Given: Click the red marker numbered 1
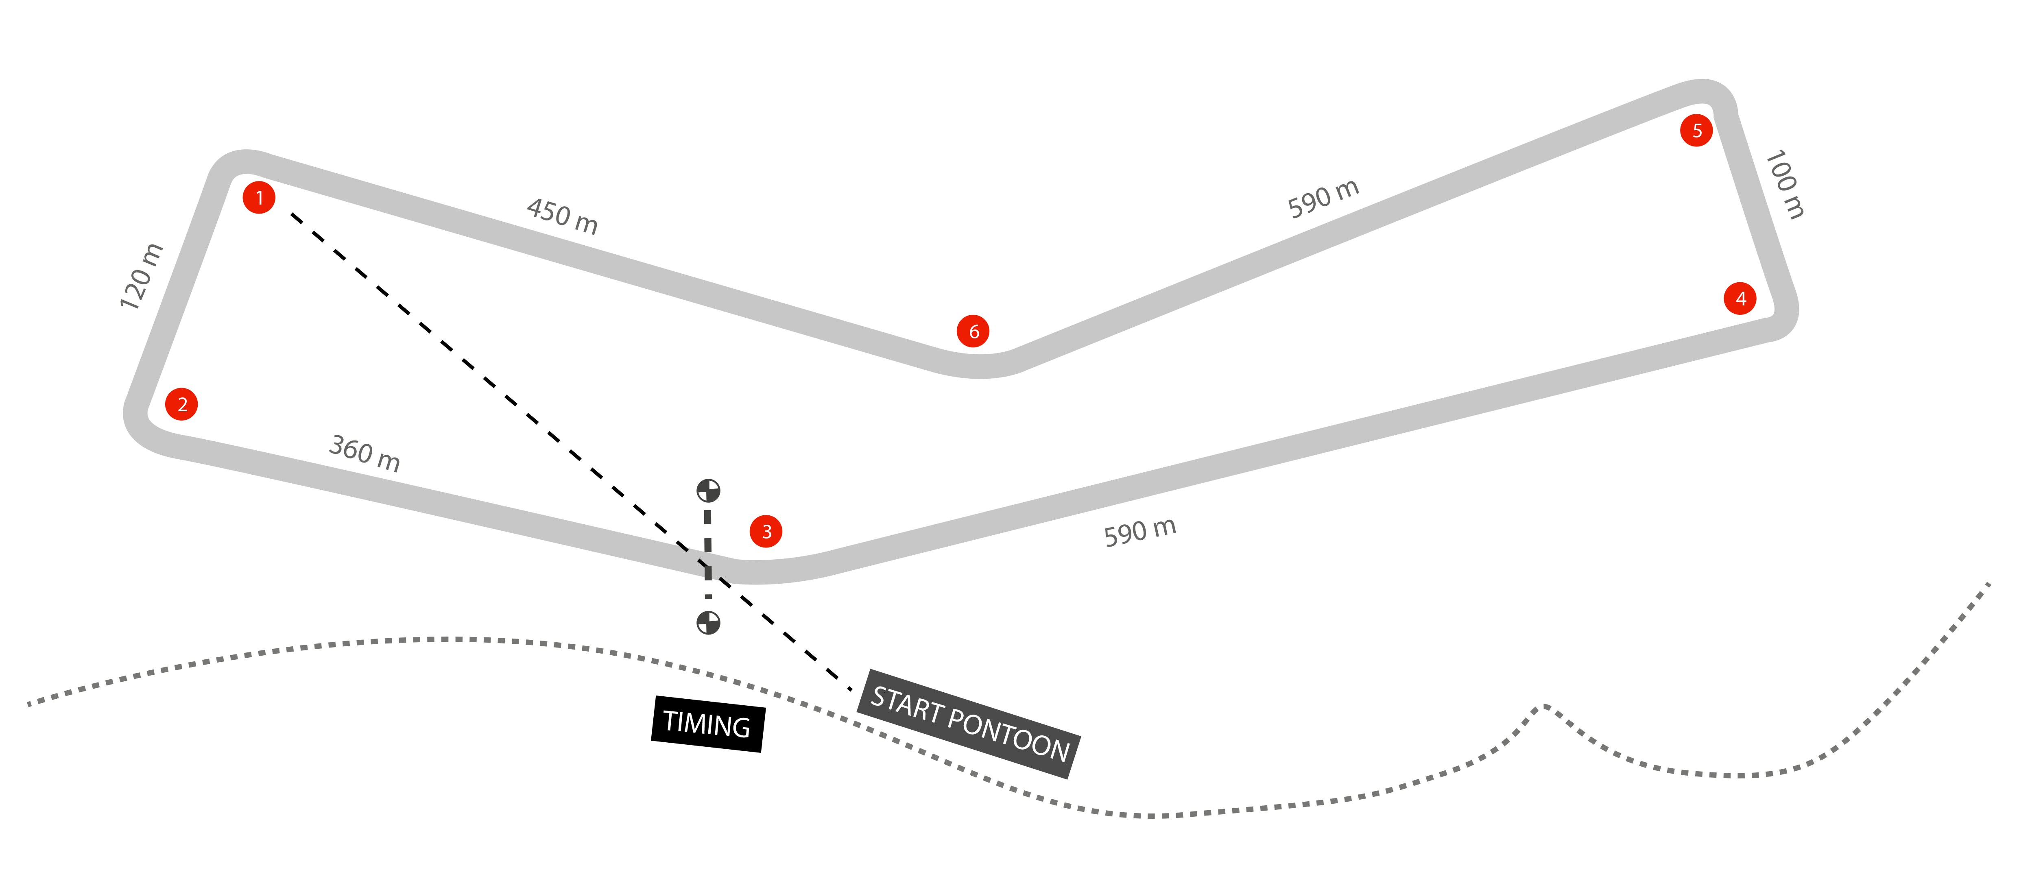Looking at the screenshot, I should click(259, 198).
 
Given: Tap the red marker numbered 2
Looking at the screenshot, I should click(182, 404).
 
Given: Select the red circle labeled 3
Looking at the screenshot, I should click(766, 532).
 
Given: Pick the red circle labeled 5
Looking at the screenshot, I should click(1696, 130).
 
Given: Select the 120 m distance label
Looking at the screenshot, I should click(141, 277).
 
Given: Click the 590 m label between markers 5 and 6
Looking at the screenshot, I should click(1323, 199).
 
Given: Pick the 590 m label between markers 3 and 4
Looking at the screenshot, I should click(1139, 532).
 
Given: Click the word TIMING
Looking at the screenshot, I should click(706, 724).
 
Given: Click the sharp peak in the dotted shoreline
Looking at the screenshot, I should click(1544, 707).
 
